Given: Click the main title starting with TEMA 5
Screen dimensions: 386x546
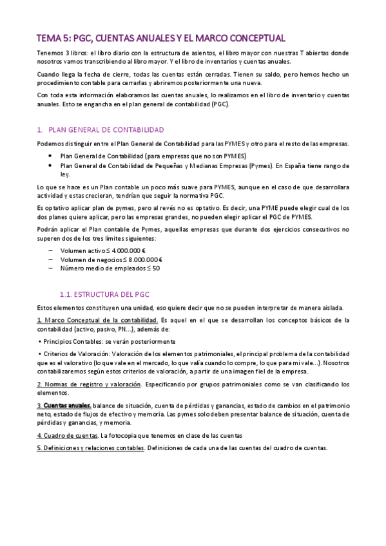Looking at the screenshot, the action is click(x=160, y=38).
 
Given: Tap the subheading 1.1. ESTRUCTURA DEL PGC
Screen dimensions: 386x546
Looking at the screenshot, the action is click(x=104, y=294).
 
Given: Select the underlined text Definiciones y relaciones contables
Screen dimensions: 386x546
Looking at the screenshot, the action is click(x=93, y=447).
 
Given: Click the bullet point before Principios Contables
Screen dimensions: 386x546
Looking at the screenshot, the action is click(x=39, y=341).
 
